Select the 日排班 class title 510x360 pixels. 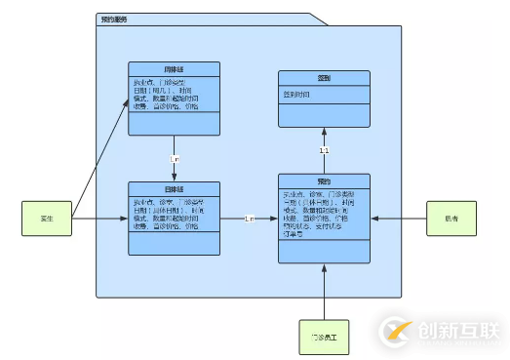[175, 188]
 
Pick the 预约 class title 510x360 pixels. [324, 182]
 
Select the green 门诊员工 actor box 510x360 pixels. [324, 336]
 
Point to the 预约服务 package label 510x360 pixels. [114, 20]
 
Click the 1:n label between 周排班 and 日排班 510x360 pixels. [175, 158]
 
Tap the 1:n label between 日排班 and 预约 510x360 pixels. [250, 218]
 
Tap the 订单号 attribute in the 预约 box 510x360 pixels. [292, 233]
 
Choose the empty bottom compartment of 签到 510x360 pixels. [324, 117]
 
